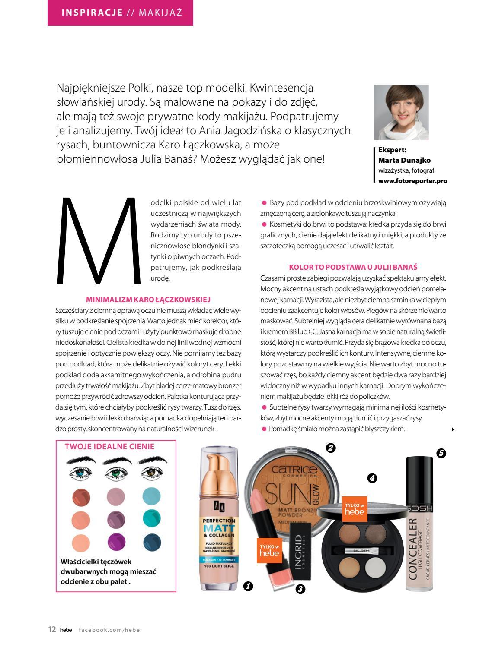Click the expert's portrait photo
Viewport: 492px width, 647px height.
(401, 112)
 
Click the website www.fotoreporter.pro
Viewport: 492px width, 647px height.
(412, 181)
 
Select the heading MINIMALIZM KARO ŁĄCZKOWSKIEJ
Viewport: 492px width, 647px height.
(148, 299)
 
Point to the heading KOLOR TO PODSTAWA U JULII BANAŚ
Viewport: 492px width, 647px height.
(353, 267)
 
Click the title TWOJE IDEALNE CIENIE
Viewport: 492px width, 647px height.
(109, 446)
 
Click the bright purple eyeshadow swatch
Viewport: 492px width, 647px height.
(116, 540)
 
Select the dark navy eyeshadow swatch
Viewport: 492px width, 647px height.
(152, 540)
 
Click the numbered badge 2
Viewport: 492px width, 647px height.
(331, 448)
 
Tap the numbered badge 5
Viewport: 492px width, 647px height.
(441, 453)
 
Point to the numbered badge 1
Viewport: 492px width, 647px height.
(248, 586)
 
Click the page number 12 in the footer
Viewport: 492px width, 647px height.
(52, 629)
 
